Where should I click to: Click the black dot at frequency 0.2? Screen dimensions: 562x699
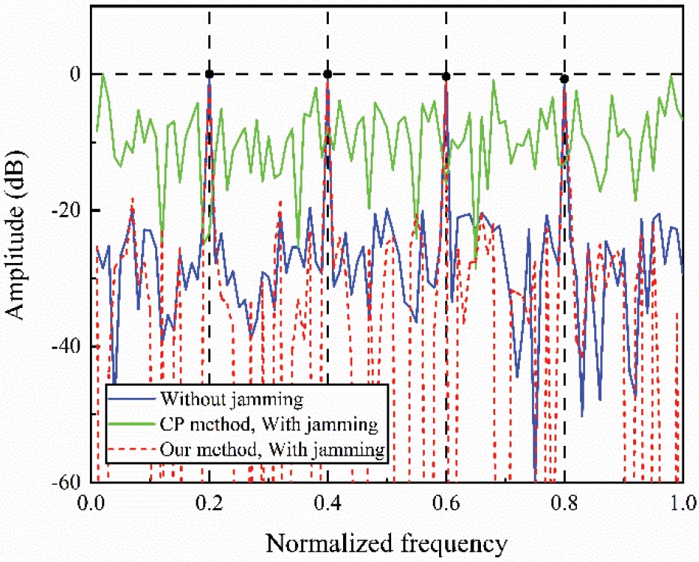(210, 74)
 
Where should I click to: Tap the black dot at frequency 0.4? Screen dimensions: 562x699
(327, 73)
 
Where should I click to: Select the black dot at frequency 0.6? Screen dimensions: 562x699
(446, 76)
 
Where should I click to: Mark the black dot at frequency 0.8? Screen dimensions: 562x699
(564, 79)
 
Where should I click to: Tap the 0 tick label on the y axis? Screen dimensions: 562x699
(76, 74)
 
